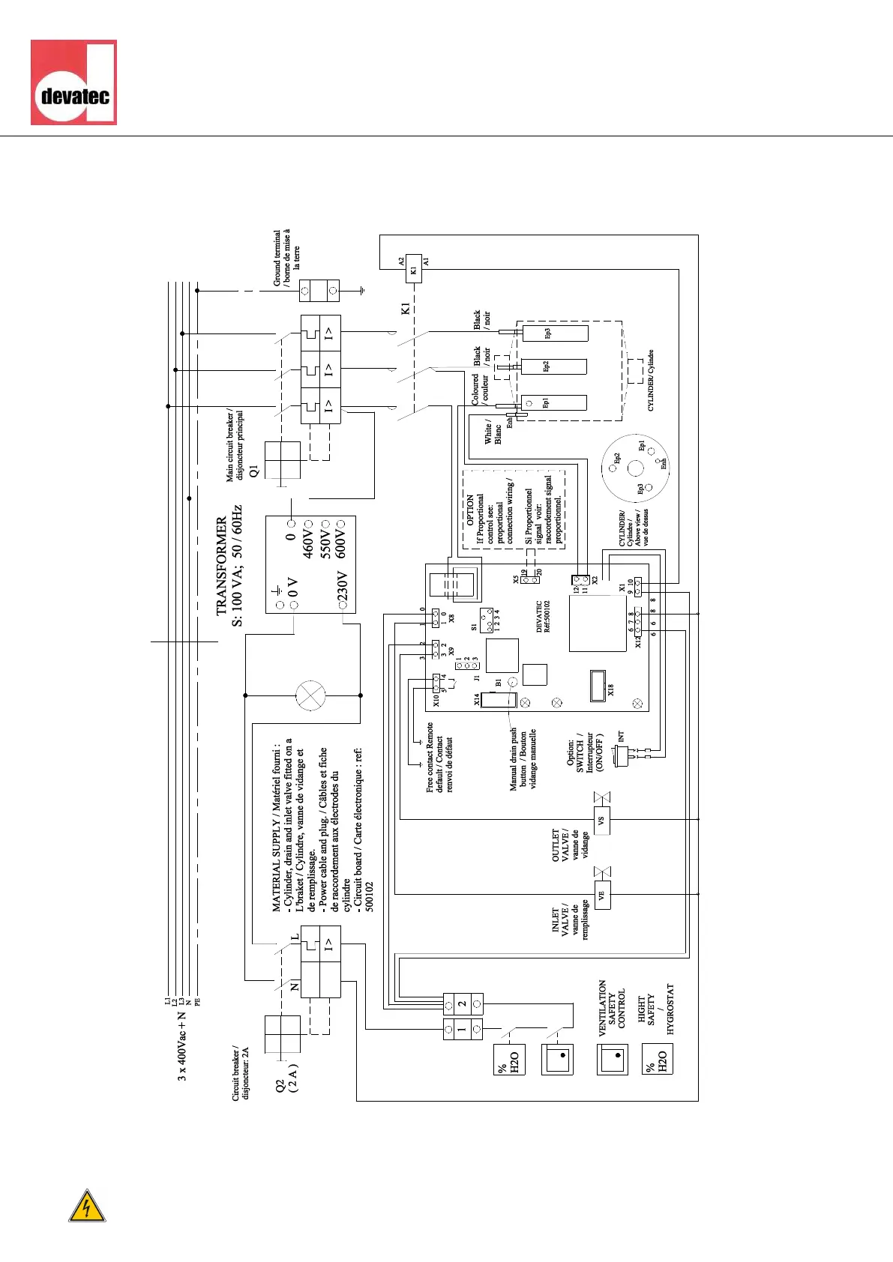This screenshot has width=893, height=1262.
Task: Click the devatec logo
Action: click(x=73, y=82)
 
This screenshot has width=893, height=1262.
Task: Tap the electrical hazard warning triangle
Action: click(x=87, y=1206)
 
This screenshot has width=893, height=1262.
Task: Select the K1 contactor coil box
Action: click(x=413, y=270)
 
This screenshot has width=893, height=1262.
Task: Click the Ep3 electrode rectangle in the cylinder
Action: click(x=555, y=333)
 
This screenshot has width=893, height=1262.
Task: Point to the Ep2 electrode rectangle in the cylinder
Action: click(x=553, y=366)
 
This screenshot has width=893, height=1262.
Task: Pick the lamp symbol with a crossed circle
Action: click(x=311, y=695)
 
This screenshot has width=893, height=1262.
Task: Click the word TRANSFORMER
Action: click(x=221, y=566)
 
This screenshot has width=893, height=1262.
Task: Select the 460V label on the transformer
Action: click(x=307, y=541)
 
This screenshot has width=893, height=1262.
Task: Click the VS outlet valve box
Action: click(x=601, y=821)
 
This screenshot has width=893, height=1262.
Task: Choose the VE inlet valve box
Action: click(x=601, y=895)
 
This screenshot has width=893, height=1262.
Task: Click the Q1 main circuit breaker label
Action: click(x=253, y=471)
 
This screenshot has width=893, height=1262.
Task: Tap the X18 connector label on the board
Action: click(x=610, y=689)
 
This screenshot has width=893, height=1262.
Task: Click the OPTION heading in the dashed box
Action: click(x=471, y=510)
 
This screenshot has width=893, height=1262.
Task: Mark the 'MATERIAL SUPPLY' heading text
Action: click(x=276, y=862)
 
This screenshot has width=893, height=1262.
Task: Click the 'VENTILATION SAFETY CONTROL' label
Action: click(x=612, y=1008)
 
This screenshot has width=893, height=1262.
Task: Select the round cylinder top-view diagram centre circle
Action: click(x=635, y=468)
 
